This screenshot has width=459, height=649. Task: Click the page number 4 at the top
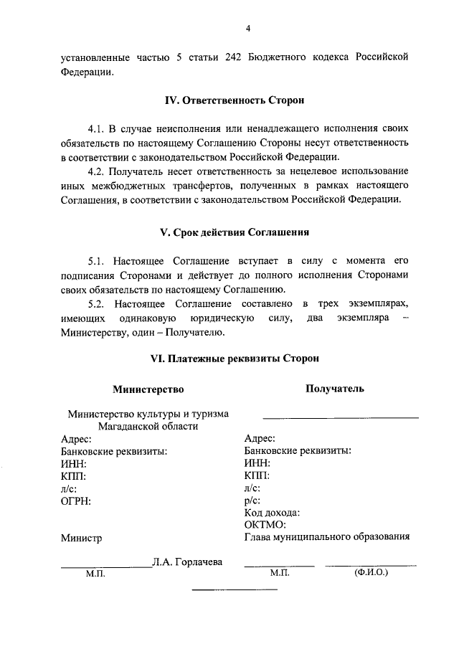click(x=247, y=28)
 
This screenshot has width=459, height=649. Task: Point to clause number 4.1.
click(x=98, y=128)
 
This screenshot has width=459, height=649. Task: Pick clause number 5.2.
click(x=98, y=304)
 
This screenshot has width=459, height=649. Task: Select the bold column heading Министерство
click(x=148, y=389)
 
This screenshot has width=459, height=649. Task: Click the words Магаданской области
click(x=148, y=426)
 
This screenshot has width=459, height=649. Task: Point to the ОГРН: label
click(x=76, y=500)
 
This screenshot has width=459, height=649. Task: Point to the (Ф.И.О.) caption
click(x=371, y=574)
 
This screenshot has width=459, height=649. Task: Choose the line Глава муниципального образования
click(x=326, y=536)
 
